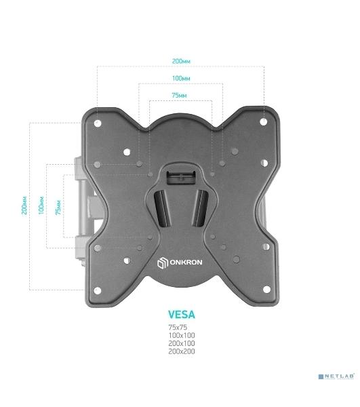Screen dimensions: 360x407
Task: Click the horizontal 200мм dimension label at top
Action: (x=181, y=61)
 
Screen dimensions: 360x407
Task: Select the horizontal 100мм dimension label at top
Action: (x=181, y=78)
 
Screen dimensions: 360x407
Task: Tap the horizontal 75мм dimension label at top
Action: (x=179, y=95)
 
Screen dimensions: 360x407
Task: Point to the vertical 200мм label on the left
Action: (x=24, y=205)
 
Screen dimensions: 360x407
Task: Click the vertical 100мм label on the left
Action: (x=41, y=206)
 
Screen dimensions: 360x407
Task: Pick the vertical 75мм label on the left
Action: (x=58, y=207)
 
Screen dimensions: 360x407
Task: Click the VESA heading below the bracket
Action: (x=181, y=315)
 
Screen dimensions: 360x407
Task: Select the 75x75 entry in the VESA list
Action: (x=178, y=328)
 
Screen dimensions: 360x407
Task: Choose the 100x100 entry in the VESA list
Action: (x=182, y=335)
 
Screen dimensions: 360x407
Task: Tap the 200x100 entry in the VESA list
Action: (x=182, y=343)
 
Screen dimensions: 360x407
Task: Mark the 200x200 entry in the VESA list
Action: (x=182, y=351)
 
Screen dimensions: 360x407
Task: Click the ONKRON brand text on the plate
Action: (x=186, y=262)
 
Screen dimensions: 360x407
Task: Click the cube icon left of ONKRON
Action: (x=162, y=263)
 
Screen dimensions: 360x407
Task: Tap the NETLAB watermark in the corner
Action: (x=336, y=376)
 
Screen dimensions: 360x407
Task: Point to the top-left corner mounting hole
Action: (x=98, y=123)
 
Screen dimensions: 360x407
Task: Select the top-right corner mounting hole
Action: (x=263, y=121)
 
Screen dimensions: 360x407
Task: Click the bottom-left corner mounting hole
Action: (x=97, y=291)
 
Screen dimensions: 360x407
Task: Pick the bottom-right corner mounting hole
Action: (x=266, y=289)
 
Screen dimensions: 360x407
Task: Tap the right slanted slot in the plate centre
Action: (x=201, y=208)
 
